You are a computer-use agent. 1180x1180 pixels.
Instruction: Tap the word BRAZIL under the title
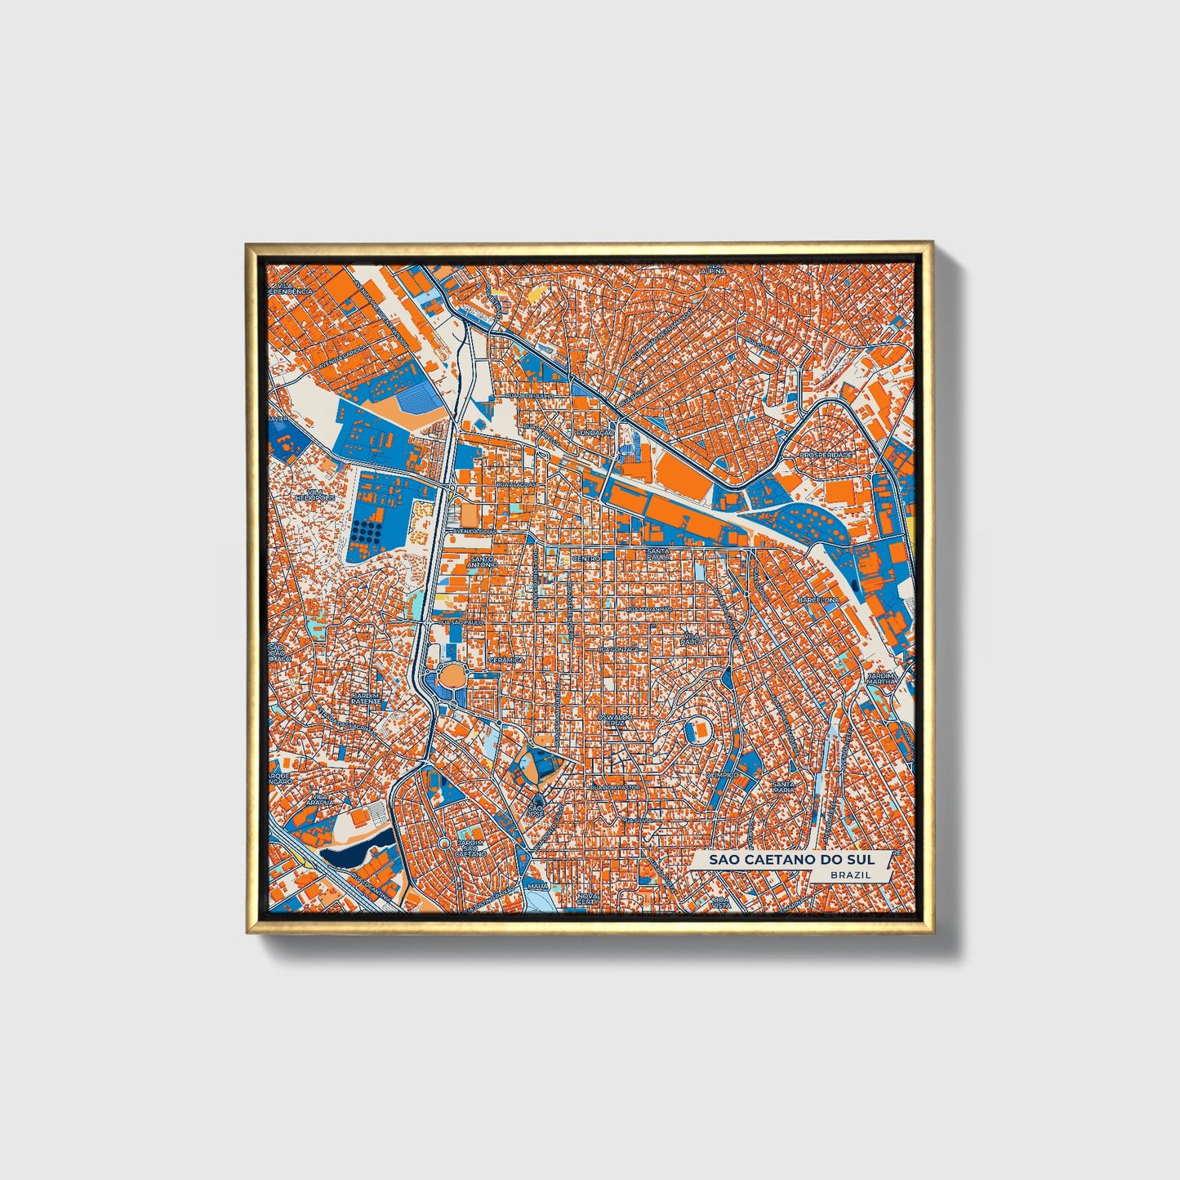(848, 875)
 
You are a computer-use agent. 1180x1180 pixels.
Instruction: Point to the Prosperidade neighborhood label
(826, 454)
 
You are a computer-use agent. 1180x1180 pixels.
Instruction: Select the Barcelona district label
(818, 599)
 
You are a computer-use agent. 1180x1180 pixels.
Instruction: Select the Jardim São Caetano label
(471, 849)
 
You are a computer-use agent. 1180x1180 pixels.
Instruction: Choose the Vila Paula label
(692, 638)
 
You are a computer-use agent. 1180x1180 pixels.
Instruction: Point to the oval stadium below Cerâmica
(450, 677)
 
